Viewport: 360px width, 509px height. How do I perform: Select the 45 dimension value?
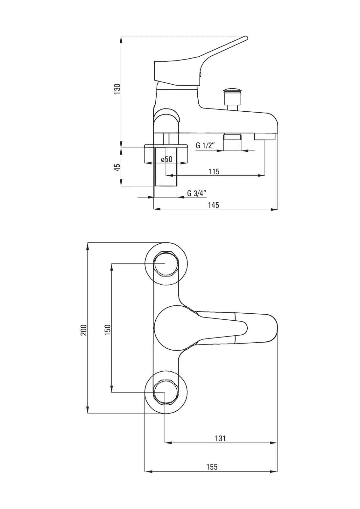(117, 167)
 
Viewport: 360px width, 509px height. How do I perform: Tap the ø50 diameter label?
(167, 159)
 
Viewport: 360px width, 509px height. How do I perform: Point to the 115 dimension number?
(214, 171)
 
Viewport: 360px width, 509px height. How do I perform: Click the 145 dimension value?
(214, 205)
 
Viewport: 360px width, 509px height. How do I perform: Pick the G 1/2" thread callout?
(205, 145)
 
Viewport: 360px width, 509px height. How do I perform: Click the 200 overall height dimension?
(84, 330)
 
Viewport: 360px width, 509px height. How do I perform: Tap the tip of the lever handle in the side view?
(246, 37)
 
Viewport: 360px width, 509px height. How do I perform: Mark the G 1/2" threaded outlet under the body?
(232, 142)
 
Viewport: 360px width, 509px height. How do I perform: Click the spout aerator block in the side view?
(265, 136)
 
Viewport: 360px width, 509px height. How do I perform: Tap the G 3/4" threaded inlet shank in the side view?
(166, 167)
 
